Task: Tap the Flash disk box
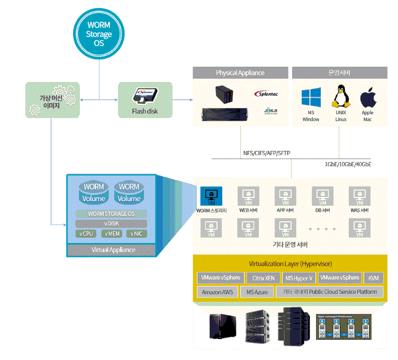pos(144,100)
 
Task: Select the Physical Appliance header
pos(240,73)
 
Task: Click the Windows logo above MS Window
pos(311,100)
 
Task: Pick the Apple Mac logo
pos(367,99)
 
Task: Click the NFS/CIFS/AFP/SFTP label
pos(266,154)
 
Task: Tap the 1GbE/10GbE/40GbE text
pos(348,164)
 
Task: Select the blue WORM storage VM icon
pos(211,195)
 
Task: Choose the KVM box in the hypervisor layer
pos(374,278)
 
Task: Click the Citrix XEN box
pos(263,278)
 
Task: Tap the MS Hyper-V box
pos(298,278)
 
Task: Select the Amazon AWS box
pos(217,292)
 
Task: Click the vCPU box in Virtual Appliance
pos(86,233)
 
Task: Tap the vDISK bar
pos(112,223)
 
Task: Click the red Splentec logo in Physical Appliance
pos(266,94)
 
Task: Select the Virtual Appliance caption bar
pos(112,250)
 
